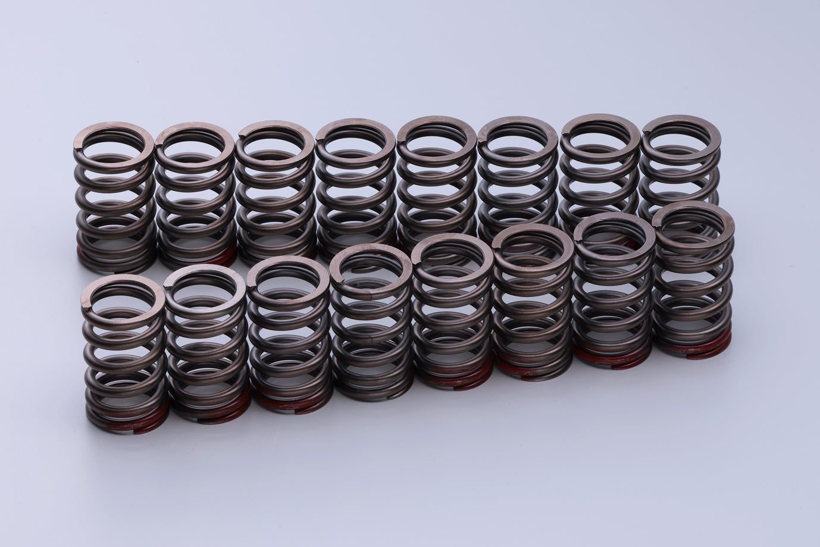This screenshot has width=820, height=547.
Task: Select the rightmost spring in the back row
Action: pyautogui.click(x=681, y=161)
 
